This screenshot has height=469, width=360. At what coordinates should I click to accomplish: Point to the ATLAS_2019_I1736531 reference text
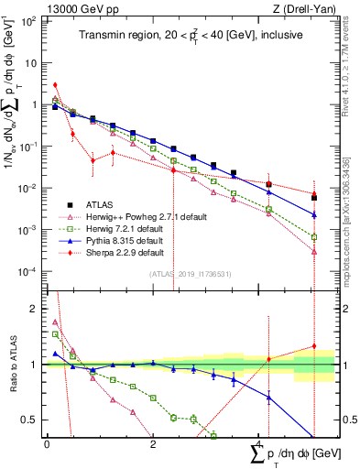pos(190,274)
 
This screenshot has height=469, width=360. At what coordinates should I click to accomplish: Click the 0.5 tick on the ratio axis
pos(34,420)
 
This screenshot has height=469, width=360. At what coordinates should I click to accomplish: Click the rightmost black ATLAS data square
pos(314,197)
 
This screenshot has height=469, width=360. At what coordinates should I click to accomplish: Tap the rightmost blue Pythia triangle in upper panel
pos(314,214)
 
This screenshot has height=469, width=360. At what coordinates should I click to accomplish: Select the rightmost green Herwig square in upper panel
pos(314,236)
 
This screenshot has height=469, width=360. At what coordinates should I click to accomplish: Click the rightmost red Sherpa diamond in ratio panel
pos(314,346)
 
